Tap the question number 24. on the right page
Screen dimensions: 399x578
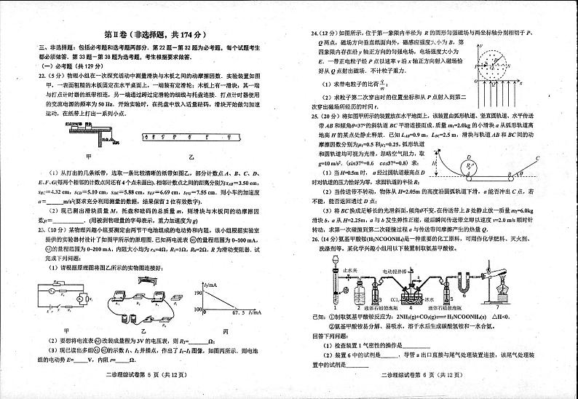click(314, 32)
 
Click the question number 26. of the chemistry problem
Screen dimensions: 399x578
click(314, 238)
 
